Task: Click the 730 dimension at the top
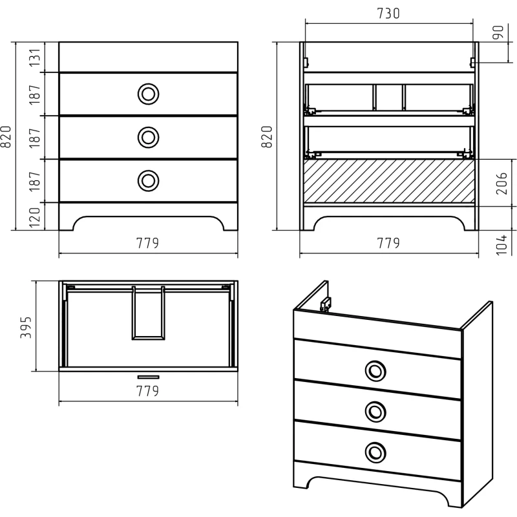click(x=388, y=14)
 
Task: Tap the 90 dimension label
click(x=498, y=32)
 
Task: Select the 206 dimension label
click(x=501, y=183)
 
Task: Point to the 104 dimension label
click(x=501, y=244)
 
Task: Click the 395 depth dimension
click(x=26, y=327)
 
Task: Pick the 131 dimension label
click(x=34, y=58)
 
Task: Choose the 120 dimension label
click(x=34, y=218)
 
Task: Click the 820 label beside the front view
click(x=6, y=136)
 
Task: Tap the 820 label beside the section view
click(x=267, y=136)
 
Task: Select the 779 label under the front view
click(x=147, y=244)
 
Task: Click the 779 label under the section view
click(x=388, y=244)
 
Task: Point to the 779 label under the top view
click(x=147, y=391)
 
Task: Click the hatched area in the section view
click(x=389, y=181)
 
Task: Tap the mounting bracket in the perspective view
click(x=326, y=304)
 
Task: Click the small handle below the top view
click(x=149, y=377)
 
